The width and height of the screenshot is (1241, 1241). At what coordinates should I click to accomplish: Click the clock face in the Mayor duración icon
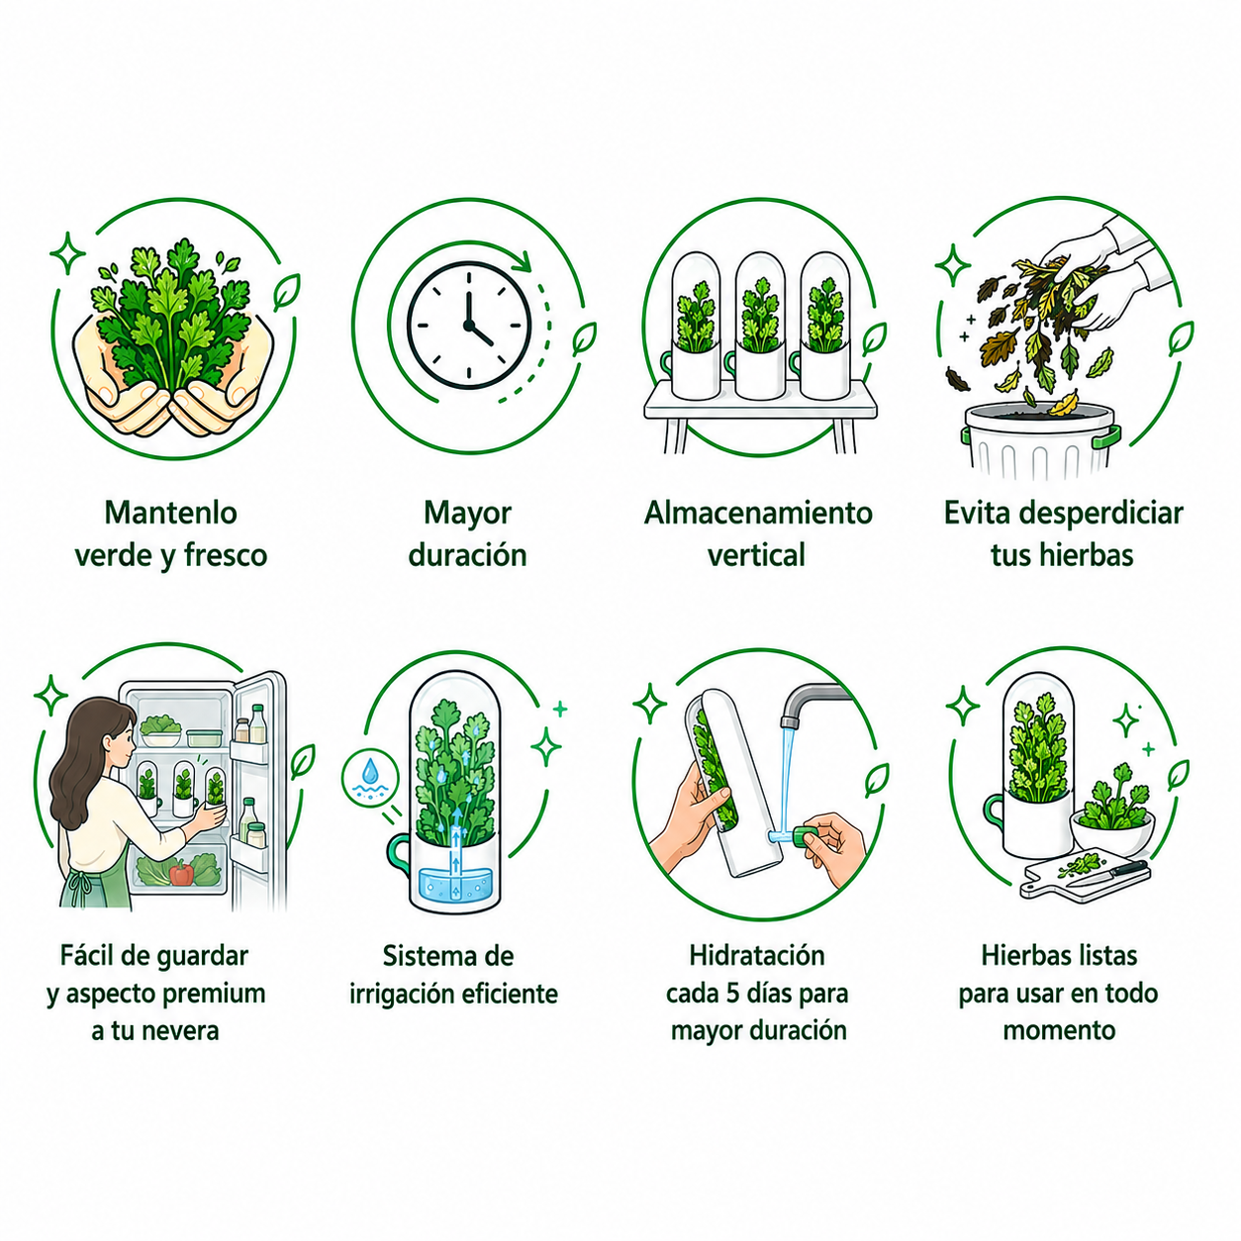[x=469, y=326]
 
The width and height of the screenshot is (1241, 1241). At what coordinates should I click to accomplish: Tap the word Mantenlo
[x=170, y=514]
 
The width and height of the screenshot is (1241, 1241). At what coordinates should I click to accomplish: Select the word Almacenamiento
[x=758, y=514]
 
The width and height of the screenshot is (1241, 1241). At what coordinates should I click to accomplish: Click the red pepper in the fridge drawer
[x=182, y=873]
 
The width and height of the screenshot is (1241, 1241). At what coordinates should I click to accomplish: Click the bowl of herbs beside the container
[x=1112, y=821]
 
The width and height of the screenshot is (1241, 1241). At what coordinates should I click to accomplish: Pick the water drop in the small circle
[x=370, y=771]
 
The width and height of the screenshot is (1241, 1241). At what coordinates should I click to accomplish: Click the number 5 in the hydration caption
[x=733, y=993]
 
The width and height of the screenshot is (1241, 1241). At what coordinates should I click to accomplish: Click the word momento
[x=1059, y=1031]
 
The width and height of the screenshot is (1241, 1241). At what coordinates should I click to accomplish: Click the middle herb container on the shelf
[x=760, y=326]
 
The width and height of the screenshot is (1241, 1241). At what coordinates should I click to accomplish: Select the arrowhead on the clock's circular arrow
[x=523, y=261]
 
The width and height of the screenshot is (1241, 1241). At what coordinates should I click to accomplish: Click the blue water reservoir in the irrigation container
[x=455, y=883]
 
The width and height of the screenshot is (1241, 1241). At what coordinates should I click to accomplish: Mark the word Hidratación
[x=757, y=956]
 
